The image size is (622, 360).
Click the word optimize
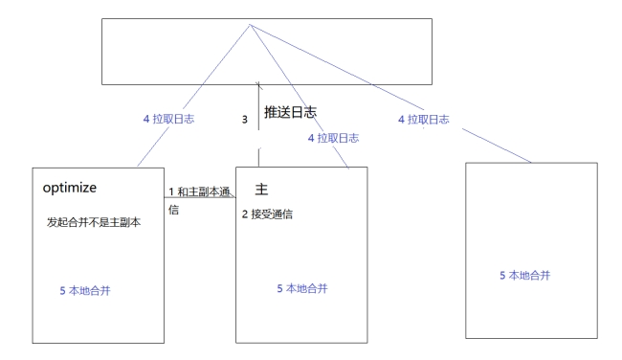[77, 187]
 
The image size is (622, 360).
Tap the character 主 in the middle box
[262, 189]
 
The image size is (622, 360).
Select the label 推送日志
[289, 113]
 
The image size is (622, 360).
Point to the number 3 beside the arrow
[244, 122]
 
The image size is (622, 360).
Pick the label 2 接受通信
[267, 214]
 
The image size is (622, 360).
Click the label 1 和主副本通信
[199, 200]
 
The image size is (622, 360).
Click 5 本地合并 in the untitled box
[526, 275]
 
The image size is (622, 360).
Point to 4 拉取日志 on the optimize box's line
[168, 119]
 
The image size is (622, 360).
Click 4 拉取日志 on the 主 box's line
[333, 138]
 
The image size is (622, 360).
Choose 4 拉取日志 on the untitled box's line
[424, 119]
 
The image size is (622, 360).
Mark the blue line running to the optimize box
[196, 93]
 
